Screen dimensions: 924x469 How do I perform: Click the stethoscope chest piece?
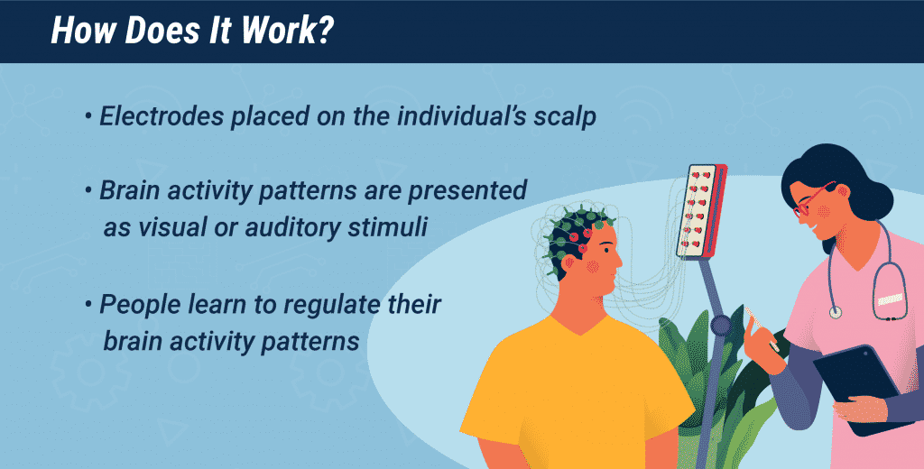835,312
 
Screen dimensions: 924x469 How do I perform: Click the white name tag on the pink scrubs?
890,300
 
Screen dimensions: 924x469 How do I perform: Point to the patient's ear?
568,262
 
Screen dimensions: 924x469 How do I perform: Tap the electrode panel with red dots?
701,211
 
